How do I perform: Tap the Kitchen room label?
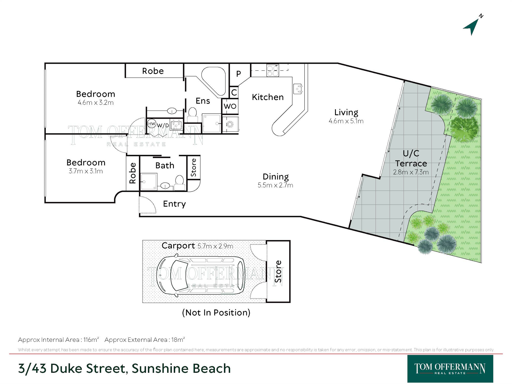tap(268, 97)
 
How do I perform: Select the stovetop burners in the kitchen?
tap(272, 70)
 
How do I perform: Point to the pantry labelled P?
tap(239, 74)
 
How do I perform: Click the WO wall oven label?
tap(230, 106)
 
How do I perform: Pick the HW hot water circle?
tap(152, 124)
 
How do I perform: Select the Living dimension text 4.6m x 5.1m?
tap(346, 121)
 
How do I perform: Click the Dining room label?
tap(276, 177)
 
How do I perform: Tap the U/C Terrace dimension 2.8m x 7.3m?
tap(411, 172)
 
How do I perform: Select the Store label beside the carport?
tap(278, 272)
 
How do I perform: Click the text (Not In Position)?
tap(216, 313)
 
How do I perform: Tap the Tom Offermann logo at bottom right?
tap(450, 369)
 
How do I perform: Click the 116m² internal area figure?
tap(91, 340)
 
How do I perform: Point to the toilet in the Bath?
tap(179, 183)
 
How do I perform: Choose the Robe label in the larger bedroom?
tap(153, 71)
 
